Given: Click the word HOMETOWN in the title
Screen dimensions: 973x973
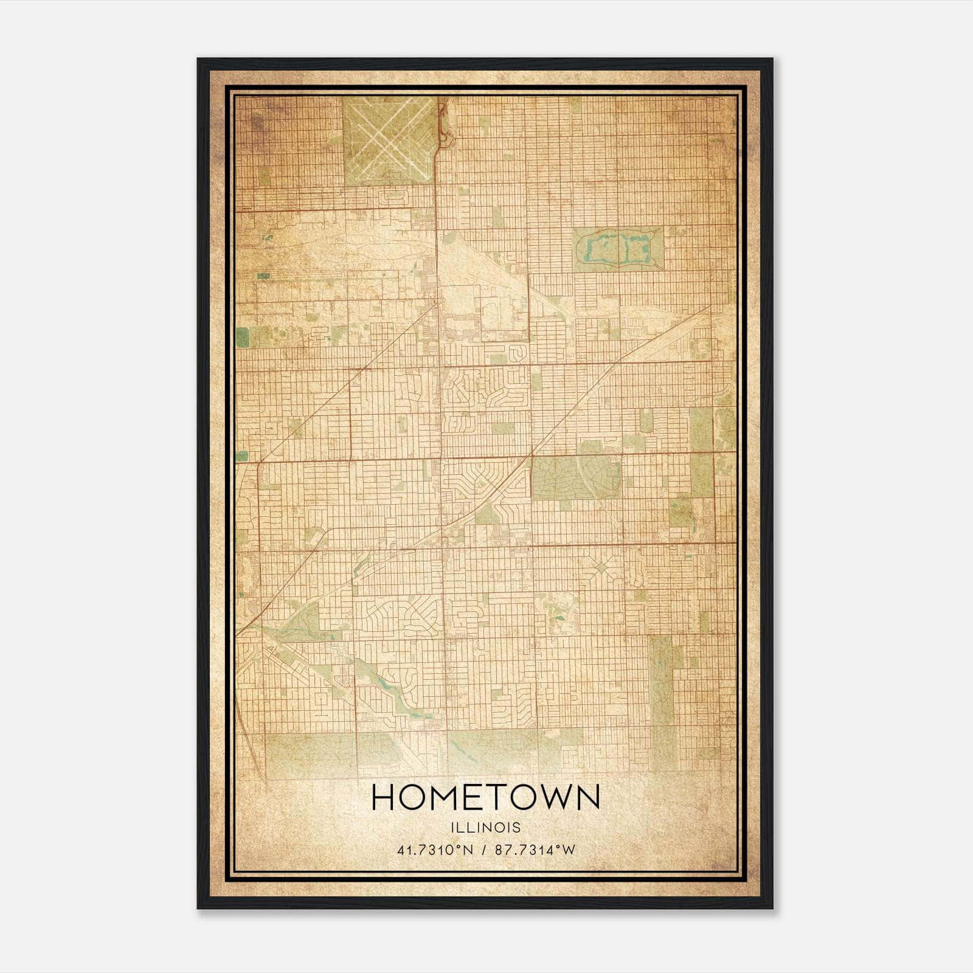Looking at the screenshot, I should pyautogui.click(x=485, y=797).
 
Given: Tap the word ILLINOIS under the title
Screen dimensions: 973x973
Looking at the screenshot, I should pyautogui.click(x=485, y=828).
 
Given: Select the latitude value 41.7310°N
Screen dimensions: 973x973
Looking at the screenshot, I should pyautogui.click(x=435, y=850).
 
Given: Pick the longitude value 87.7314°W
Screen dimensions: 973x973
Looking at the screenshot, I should pyautogui.click(x=535, y=850).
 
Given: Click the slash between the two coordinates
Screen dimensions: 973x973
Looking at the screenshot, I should pyautogui.click(x=484, y=850).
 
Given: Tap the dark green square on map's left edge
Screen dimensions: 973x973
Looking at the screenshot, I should pyautogui.click(x=242, y=336).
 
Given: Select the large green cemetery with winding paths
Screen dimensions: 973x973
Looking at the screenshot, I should pyautogui.click(x=575, y=478).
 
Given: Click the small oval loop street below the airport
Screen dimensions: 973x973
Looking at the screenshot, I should pyautogui.click(x=393, y=197).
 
